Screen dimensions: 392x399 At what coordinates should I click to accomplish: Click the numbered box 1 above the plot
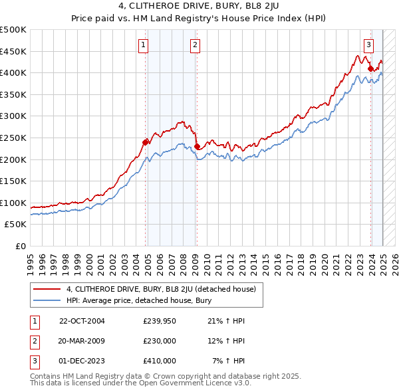(144, 45)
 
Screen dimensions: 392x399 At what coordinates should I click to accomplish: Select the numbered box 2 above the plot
(195, 45)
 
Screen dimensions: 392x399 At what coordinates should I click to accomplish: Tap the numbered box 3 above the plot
(368, 45)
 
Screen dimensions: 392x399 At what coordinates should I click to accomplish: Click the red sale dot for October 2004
(146, 142)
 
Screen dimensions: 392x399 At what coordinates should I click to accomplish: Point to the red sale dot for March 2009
(197, 146)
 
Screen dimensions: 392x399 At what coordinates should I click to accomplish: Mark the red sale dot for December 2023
(370, 68)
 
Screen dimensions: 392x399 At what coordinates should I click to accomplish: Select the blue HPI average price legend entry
(147, 300)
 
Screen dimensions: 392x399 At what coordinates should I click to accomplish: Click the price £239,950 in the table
(160, 321)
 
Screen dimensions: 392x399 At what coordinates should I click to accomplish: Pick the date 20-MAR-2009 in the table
(82, 341)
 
